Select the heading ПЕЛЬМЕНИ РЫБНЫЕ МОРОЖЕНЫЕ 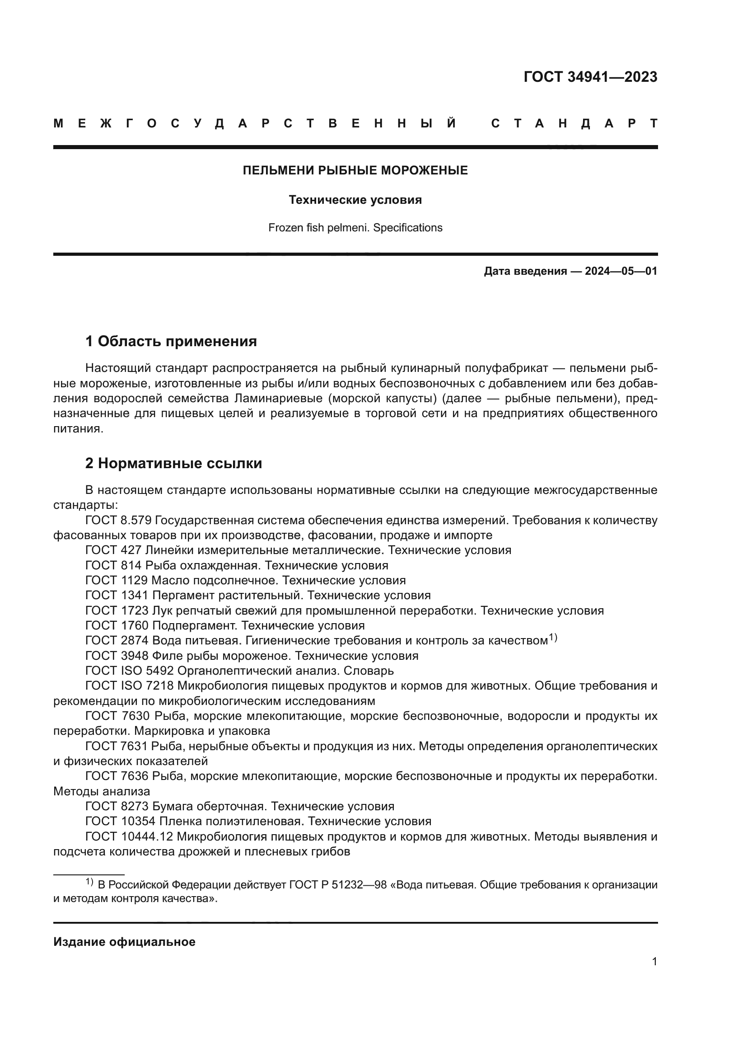[x=355, y=171]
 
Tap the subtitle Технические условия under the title [x=355, y=200]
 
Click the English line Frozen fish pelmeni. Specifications [x=355, y=228]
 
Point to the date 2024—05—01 [x=621, y=271]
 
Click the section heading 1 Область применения [x=171, y=342]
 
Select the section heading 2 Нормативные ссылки [x=173, y=464]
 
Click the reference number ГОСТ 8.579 [x=118, y=521]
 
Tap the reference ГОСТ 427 [x=114, y=550]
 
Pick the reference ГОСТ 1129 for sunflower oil [x=117, y=581]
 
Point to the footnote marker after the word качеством [x=552, y=638]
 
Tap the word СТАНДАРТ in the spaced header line [x=574, y=123]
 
